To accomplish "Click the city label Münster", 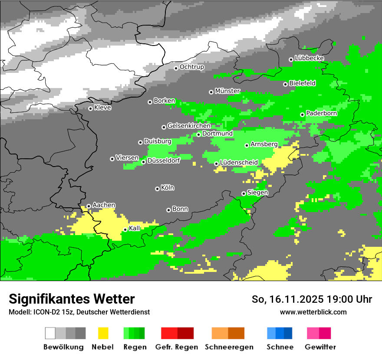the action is (227, 91).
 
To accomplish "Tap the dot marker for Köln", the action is (157, 189).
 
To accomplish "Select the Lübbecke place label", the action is (309, 58).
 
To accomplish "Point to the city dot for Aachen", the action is (89, 206).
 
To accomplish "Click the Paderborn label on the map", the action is (321, 113).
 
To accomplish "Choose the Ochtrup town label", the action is (192, 67).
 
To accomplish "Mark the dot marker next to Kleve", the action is (90, 108).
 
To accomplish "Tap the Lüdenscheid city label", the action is (239, 163).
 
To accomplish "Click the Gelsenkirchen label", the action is (189, 126).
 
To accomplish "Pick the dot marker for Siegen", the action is (244, 193).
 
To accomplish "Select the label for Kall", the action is (135, 228).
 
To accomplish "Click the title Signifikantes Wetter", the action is (72, 299).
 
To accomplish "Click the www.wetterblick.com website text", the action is (313, 312).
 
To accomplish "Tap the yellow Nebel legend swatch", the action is (103, 333).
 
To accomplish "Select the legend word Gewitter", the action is (320, 347).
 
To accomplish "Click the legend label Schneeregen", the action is (229, 347).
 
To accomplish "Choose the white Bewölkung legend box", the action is (50, 333).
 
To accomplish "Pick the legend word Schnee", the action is (280, 347).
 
